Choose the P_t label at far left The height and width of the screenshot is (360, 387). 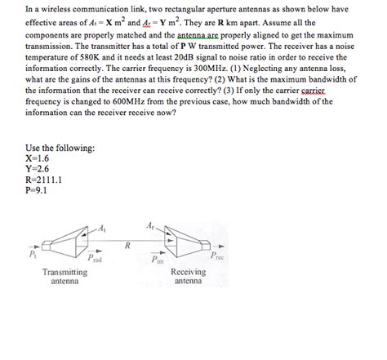(x=32, y=255)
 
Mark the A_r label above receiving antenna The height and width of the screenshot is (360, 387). (x=151, y=225)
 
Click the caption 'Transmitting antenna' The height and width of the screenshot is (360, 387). (x=64, y=277)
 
